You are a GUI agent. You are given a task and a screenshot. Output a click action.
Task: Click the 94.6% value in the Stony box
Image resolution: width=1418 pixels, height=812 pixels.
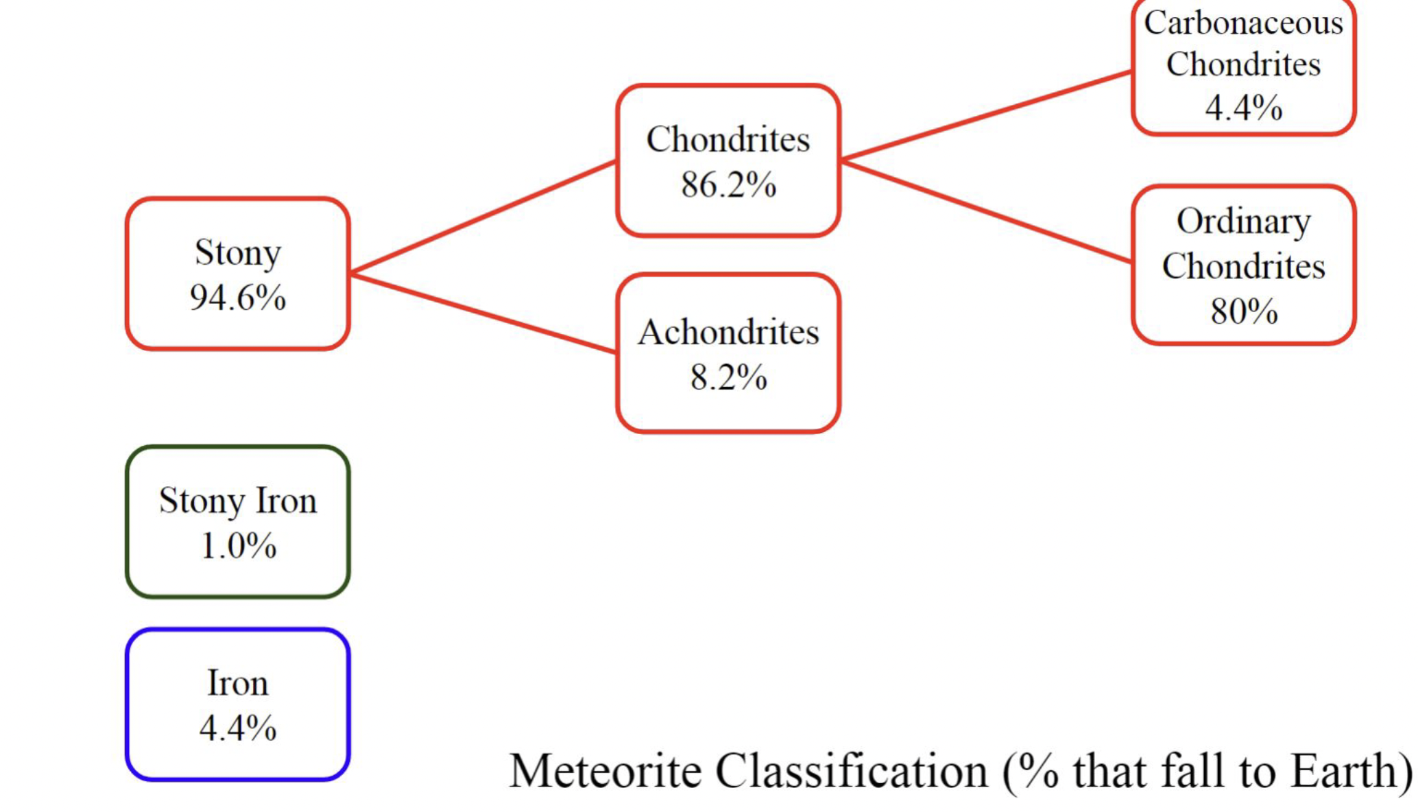tap(237, 298)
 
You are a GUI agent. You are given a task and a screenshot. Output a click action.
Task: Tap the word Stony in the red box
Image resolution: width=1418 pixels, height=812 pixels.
tap(237, 252)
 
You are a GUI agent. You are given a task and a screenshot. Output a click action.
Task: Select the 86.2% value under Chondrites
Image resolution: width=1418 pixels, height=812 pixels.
tap(728, 184)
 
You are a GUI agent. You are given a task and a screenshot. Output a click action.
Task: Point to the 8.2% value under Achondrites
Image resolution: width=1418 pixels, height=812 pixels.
tap(728, 377)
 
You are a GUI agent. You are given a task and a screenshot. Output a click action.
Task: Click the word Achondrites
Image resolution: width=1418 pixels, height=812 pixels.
tap(728, 333)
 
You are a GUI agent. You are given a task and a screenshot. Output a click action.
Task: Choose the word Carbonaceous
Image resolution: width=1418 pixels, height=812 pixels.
tap(1243, 23)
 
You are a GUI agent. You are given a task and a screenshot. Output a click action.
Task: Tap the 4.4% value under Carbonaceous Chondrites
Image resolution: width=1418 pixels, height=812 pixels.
tap(1243, 108)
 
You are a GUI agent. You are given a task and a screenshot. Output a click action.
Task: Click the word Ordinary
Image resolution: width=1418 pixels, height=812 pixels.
tap(1243, 222)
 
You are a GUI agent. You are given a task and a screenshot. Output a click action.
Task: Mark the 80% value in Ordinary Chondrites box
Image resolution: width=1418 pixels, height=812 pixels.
tap(1243, 311)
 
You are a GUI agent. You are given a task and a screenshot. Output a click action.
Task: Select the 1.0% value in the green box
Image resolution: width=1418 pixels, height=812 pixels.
tap(238, 547)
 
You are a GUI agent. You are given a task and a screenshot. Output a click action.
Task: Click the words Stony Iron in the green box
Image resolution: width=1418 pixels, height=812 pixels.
tap(238, 501)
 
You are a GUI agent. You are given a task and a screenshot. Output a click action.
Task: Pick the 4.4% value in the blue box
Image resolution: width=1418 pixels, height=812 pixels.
tap(238, 728)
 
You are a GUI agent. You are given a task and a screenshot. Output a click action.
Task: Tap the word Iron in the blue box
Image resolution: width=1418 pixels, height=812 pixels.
tap(238, 683)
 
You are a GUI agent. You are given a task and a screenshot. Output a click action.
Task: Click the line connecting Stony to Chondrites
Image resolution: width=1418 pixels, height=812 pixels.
tap(483, 217)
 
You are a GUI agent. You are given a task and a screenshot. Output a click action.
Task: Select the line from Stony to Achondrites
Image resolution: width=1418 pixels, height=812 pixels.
tap(483, 313)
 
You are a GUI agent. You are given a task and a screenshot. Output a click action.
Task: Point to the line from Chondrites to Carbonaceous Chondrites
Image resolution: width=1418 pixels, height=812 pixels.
tap(986, 115)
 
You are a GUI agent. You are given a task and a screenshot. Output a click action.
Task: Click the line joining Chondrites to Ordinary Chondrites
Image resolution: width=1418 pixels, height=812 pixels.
tap(986, 211)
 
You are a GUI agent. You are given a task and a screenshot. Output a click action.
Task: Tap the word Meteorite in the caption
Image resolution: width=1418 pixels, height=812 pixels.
tap(605, 772)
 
